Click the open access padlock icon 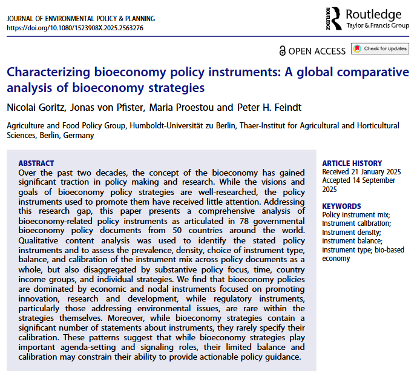click(x=282, y=50)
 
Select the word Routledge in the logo click(x=374, y=14)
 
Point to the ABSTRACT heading click(x=36, y=163)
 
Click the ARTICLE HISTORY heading click(x=352, y=163)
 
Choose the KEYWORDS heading click(x=342, y=206)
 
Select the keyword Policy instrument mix click(x=356, y=214)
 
